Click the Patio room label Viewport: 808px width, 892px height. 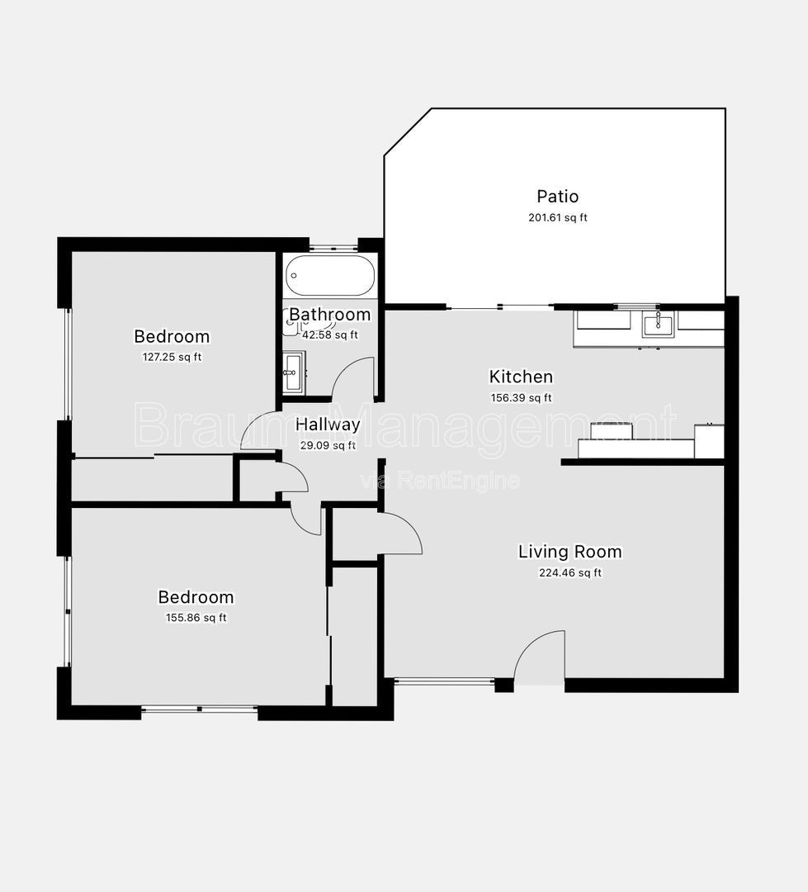click(x=557, y=197)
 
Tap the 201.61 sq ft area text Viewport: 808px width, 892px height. click(x=557, y=217)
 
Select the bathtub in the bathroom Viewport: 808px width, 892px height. click(x=330, y=275)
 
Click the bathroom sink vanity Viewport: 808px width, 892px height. click(x=293, y=372)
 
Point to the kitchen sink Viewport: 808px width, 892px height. click(x=658, y=326)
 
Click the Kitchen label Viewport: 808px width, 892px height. click(x=521, y=377)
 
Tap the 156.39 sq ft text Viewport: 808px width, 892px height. click(x=521, y=397)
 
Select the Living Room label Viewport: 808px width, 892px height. click(x=569, y=551)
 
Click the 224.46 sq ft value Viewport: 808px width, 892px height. click(x=569, y=573)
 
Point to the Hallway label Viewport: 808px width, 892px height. click(x=328, y=425)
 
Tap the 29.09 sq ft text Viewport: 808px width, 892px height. click(x=328, y=445)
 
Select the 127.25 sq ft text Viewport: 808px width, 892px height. click(x=172, y=358)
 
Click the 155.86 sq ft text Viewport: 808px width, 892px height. click(x=196, y=618)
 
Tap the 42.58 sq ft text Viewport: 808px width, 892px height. click(x=330, y=335)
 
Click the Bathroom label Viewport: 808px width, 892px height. click(x=330, y=314)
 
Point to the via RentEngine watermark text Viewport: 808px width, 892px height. click(x=440, y=482)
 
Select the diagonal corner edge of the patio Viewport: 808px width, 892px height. click(x=408, y=131)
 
